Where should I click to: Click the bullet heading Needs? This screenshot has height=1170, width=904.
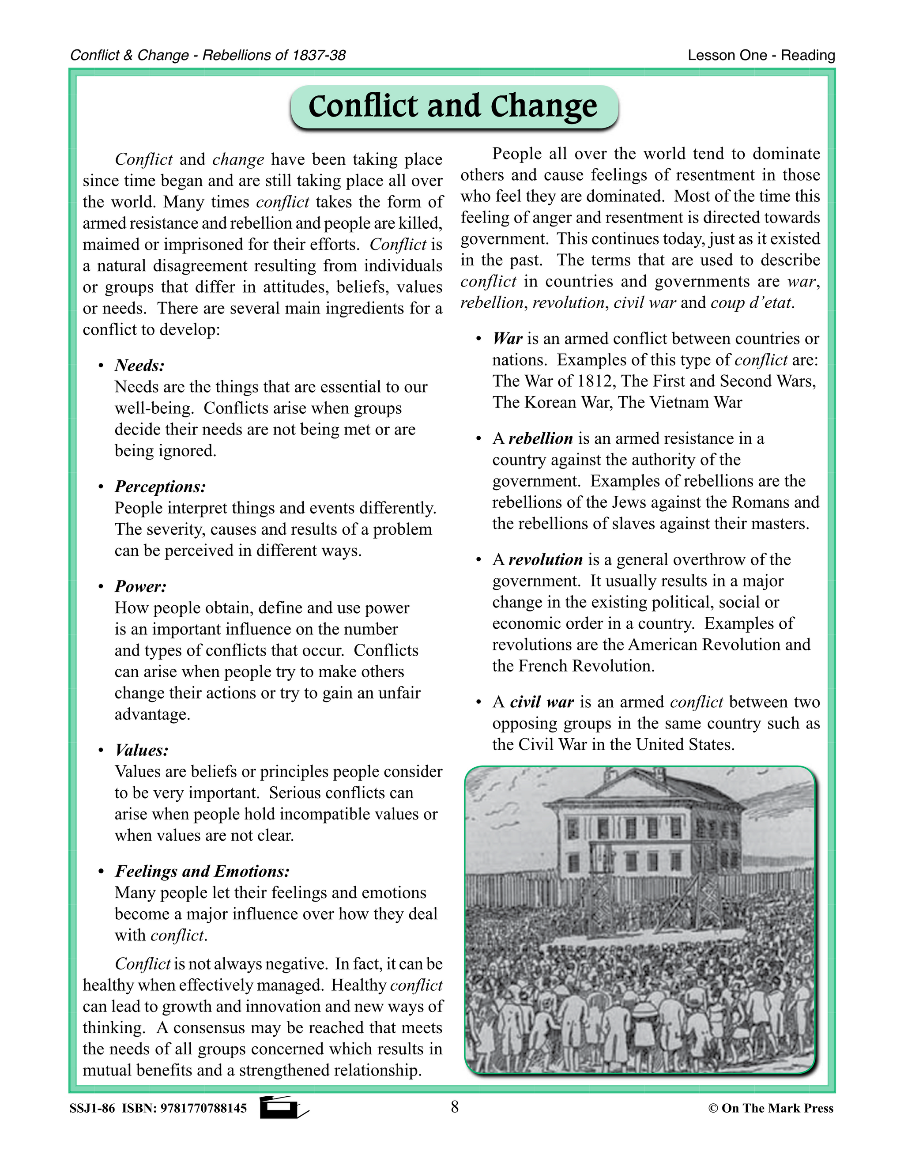coord(139,366)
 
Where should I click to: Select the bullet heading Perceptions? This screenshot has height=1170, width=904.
coord(160,487)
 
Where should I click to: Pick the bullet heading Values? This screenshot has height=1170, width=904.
coord(141,750)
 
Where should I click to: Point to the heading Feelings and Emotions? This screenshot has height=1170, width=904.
coord(202,871)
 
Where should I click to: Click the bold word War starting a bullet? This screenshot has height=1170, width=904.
coord(507,339)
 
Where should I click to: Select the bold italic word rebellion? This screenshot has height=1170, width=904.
coord(540,438)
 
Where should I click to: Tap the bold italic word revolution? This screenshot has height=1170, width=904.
coord(545,559)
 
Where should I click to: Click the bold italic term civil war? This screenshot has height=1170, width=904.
coord(542,702)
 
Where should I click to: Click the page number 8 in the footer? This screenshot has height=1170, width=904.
coord(455,1107)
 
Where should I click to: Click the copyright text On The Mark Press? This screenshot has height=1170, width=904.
coord(776,1108)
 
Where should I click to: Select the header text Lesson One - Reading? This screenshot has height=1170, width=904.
coord(761,55)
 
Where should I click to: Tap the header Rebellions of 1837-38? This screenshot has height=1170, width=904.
coord(274,55)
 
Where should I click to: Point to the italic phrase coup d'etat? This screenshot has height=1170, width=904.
coord(751,303)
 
